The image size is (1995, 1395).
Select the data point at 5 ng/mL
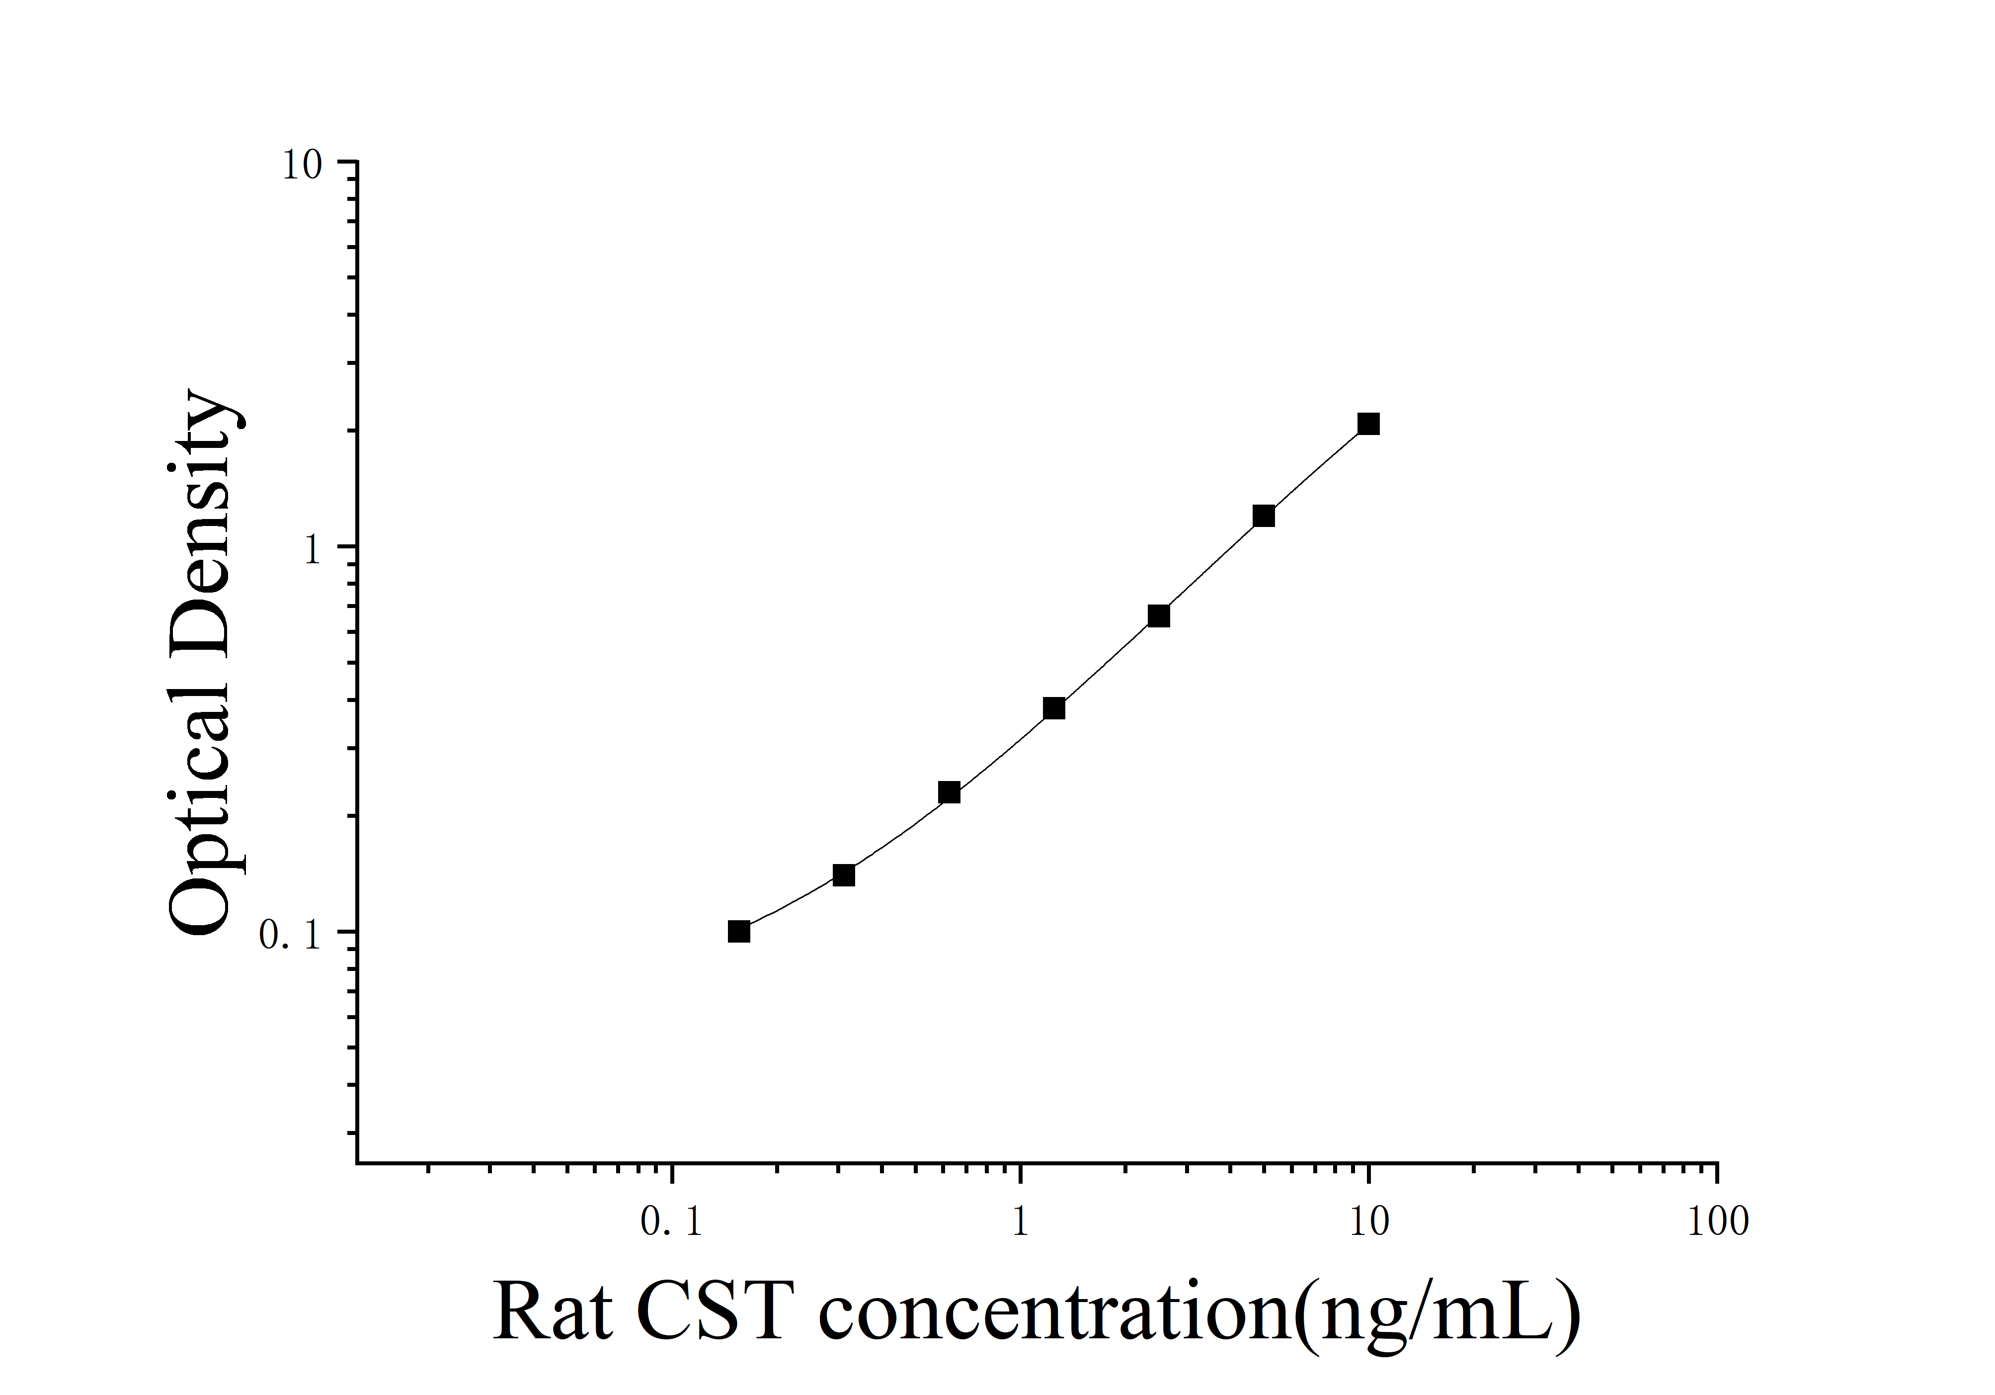click(1264, 516)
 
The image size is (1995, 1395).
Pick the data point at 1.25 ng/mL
click(1054, 708)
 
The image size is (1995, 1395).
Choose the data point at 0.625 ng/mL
click(949, 792)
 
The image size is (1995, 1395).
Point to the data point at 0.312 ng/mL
click(844, 875)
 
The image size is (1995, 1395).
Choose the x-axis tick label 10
click(1369, 1223)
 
